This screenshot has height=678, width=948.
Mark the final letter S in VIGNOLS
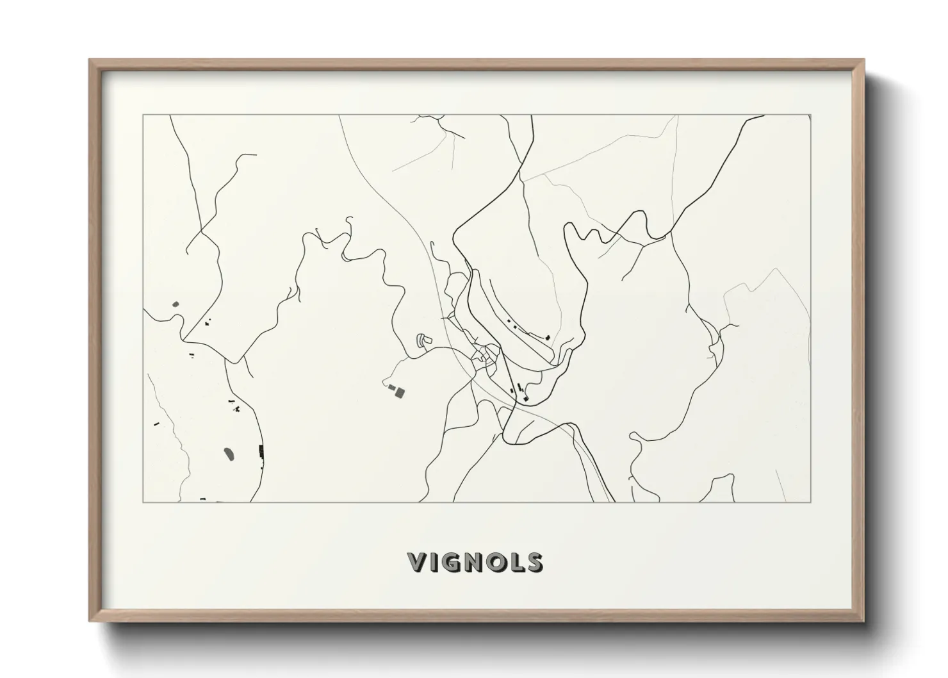click(535, 562)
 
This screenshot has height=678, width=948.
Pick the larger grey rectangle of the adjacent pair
click(400, 392)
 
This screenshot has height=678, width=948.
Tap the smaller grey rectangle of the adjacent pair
click(391, 387)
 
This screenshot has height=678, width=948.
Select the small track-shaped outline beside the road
click(421, 340)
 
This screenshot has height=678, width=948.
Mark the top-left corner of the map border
click(143, 115)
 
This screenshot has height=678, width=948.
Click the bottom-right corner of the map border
click(811, 502)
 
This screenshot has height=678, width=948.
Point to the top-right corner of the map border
click(811, 115)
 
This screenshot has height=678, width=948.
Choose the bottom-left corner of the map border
click(143, 502)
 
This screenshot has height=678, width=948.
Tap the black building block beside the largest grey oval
click(260, 451)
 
